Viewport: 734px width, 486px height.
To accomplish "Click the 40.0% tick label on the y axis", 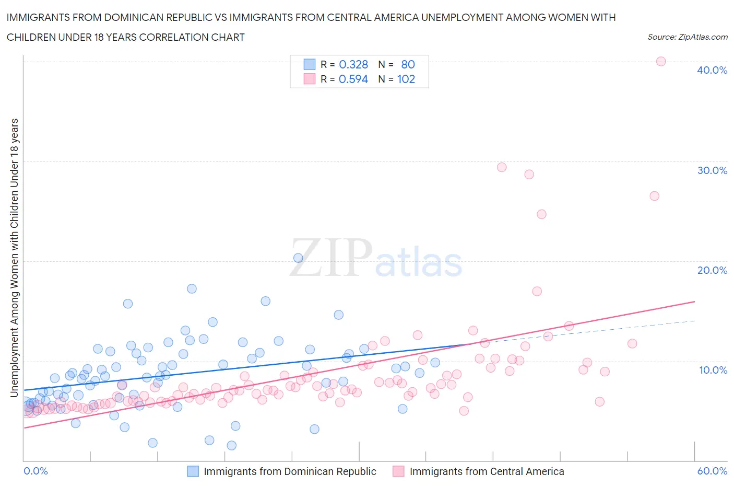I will (x=712, y=70).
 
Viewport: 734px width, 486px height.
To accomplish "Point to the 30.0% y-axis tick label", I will (x=712, y=170).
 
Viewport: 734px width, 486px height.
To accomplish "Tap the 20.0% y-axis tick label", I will (x=712, y=270).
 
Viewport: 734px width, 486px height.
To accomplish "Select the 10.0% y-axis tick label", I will (x=713, y=370).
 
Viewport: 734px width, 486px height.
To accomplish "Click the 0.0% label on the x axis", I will (x=35, y=471).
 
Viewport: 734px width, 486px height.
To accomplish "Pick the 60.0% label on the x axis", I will (x=712, y=471).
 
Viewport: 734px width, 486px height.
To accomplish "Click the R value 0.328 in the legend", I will (x=353, y=64).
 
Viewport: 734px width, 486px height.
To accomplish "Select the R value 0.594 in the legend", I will (x=353, y=79).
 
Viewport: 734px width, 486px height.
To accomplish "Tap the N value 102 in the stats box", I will (x=406, y=79).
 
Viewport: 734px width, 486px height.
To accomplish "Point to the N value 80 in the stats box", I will (x=408, y=64).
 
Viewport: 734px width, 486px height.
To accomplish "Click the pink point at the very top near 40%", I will (x=660, y=61).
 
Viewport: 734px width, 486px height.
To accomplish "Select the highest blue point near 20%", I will (x=298, y=258).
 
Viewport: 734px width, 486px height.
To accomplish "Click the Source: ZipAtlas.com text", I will (x=687, y=37).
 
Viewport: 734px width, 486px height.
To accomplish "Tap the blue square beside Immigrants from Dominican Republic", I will (x=193, y=471).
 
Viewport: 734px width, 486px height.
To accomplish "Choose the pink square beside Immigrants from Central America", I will (x=398, y=471).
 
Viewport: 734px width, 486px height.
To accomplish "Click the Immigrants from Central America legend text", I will (x=487, y=471).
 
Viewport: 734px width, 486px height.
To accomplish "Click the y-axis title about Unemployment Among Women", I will (x=15, y=258).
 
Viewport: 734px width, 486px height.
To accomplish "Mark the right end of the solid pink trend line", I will (x=694, y=302).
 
